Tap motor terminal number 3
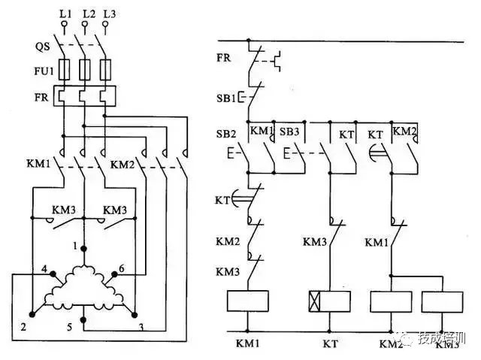point(141,327)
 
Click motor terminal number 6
point(124,268)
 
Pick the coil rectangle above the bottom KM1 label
point(248,301)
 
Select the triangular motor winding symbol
point(83,289)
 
